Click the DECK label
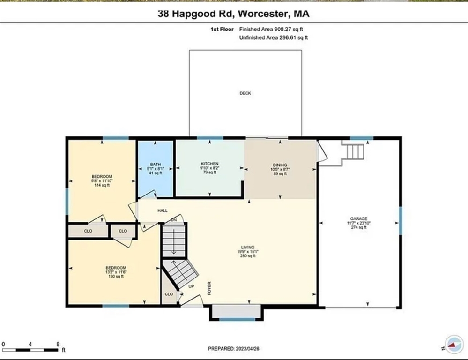tap(245, 93)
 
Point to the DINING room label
tap(280, 165)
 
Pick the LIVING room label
tap(247, 247)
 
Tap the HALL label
tap(163, 211)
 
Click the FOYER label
tap(209, 286)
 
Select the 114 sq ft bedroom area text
tap(102, 185)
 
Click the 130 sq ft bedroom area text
tap(114, 277)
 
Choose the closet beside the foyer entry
tap(169, 294)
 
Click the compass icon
tap(452, 345)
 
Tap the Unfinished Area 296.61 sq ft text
tap(274, 37)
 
